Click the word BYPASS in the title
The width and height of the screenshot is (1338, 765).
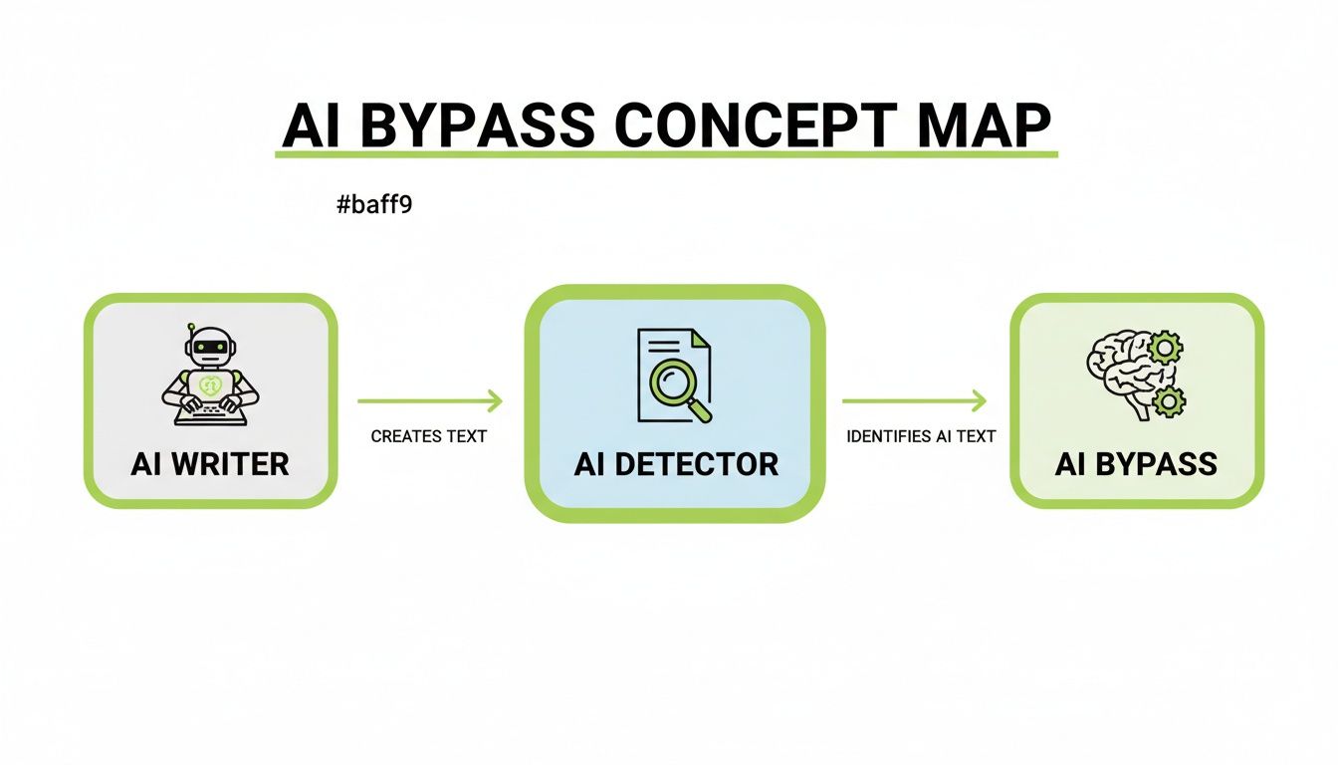pos(473,127)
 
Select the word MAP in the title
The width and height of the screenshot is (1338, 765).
pos(980,127)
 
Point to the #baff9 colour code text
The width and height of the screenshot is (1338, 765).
pos(374,206)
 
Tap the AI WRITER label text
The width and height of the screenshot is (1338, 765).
pos(209,463)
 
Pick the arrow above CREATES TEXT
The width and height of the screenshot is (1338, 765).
pos(429,401)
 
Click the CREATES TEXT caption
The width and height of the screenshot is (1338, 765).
pos(429,436)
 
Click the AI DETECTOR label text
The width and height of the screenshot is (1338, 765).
pos(676,463)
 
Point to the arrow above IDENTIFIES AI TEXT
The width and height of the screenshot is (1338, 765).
pos(914,401)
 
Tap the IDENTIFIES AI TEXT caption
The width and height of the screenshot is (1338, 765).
pos(921,436)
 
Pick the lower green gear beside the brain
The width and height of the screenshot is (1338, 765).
pos(1168,401)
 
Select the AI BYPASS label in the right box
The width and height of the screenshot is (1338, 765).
pos(1136,463)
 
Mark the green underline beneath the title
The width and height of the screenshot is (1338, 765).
pos(665,154)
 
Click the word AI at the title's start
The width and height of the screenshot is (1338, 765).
pos(312,127)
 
